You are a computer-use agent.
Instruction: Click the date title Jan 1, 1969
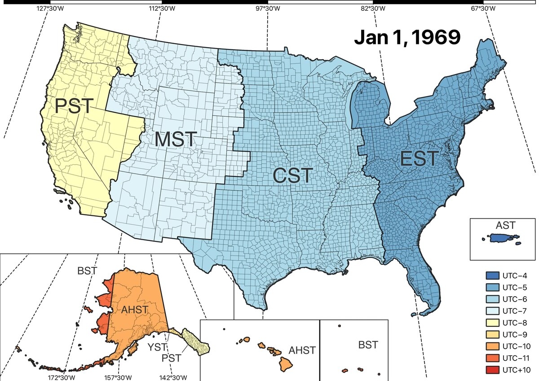(407, 38)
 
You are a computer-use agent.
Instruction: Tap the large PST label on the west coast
(74, 106)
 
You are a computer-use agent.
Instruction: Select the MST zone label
(176, 140)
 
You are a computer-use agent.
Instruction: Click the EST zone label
(419, 158)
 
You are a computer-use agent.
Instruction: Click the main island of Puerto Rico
(500, 238)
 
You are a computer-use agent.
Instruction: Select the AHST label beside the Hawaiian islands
(302, 350)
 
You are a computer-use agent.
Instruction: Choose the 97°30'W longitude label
(268, 9)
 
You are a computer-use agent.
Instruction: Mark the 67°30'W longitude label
(483, 9)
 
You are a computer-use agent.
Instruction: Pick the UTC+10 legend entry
(508, 370)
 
